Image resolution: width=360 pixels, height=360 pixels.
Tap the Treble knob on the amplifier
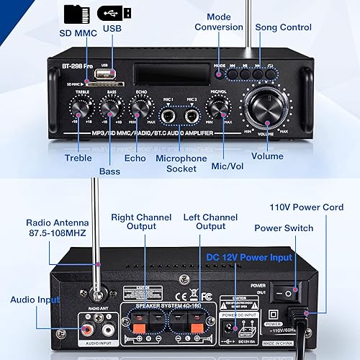click(x=78, y=108)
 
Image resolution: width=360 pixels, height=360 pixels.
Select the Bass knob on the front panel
click(x=109, y=108)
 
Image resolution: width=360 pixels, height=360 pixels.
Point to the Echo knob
click(x=140, y=108)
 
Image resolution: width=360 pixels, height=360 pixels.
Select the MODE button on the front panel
click(x=220, y=73)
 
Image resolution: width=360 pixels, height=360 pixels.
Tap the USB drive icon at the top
click(x=114, y=13)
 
